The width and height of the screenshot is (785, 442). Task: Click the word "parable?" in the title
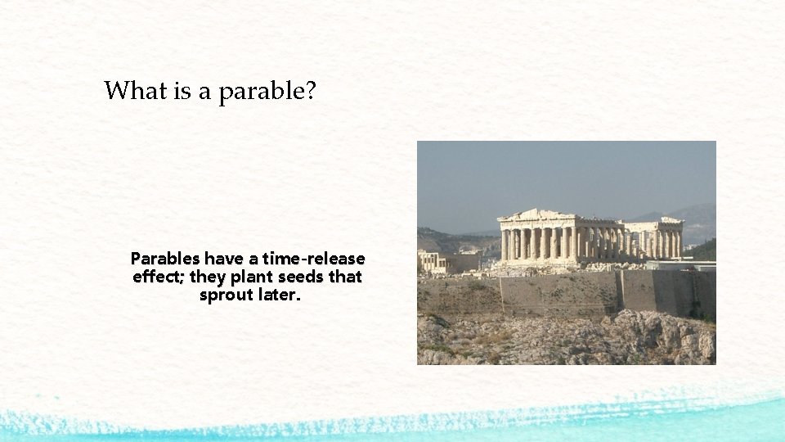point(267,91)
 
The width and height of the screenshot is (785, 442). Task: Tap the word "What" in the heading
point(136,90)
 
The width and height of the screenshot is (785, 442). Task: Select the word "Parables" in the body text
point(165,259)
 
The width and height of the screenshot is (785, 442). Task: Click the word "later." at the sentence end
point(280,295)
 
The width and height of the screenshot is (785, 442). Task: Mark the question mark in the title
point(310,90)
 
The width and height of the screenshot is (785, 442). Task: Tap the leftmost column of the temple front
point(504,244)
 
